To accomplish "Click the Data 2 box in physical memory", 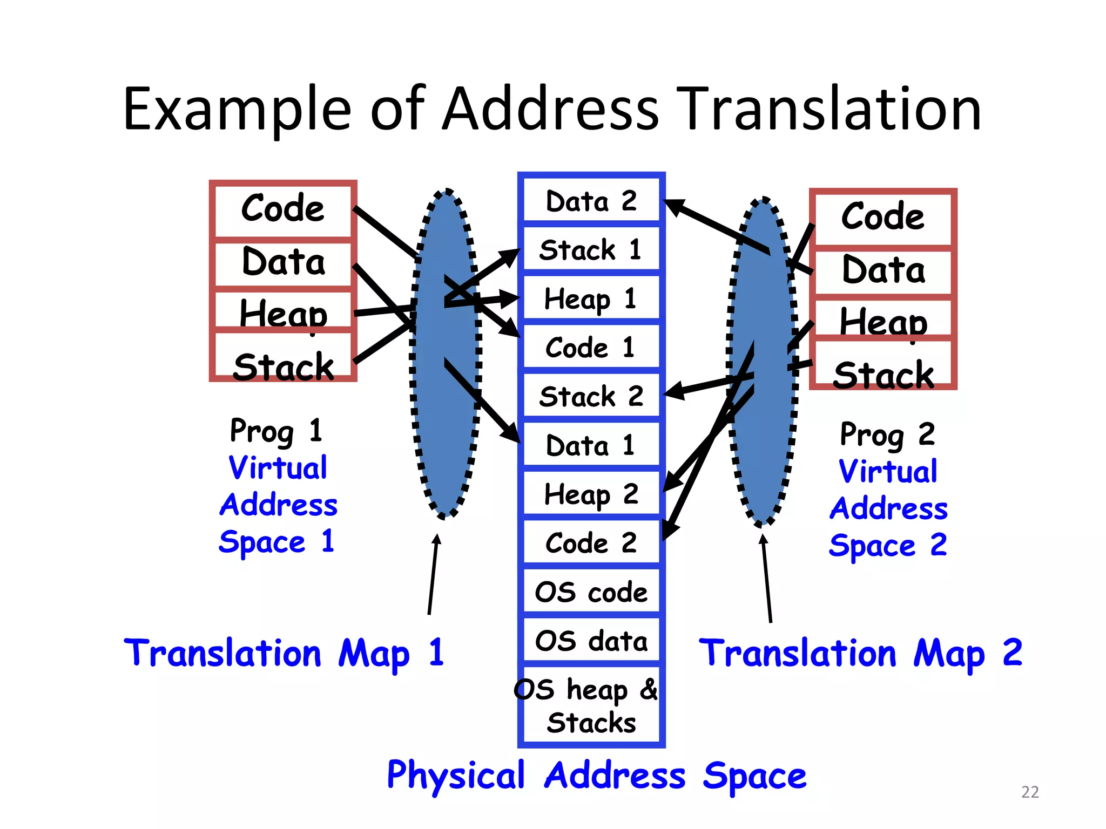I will pos(591,201).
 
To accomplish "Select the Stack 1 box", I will pos(591,249).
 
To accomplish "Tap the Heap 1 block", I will pos(591,298).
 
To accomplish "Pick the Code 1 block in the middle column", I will pos(591,347).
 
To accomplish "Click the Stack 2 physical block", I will pos(591,396).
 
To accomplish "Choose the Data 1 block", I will pos(591,445).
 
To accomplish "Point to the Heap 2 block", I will pos(591,493).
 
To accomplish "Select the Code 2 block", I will pos(591,542).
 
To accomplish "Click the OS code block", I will pos(591,592).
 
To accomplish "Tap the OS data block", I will pos(591,641).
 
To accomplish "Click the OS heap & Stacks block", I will pos(591,704).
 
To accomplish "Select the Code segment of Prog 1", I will pos(283,208).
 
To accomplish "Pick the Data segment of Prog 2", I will pos(883,270).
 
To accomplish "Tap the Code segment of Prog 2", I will pos(883,217).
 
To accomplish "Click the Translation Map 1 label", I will pos(284,653).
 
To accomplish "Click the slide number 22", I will pos(1030,792).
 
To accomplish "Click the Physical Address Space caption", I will pos(596,775).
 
